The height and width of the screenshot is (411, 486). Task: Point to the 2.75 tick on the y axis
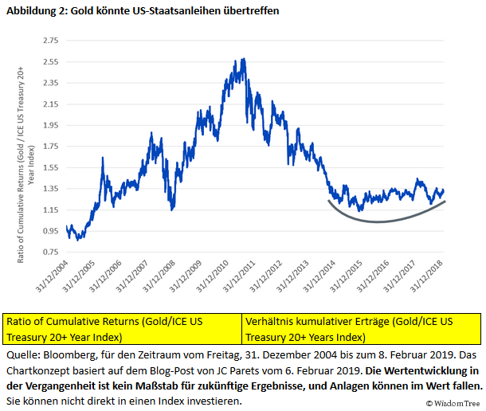[50, 40]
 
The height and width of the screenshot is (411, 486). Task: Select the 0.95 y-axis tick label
[50, 231]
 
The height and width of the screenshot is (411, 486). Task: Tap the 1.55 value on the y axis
[50, 167]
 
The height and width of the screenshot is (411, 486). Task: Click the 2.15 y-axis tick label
[50, 104]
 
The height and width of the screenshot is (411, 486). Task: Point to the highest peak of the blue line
[242, 59]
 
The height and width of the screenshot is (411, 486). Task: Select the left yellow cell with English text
[123, 328]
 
